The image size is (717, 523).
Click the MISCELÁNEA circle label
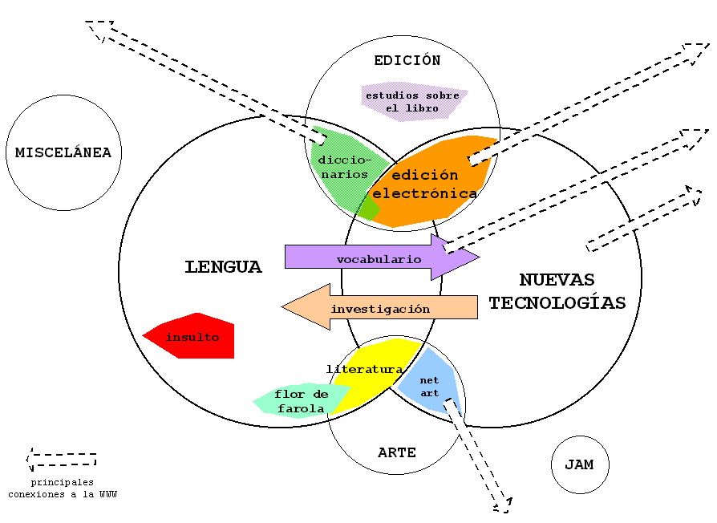(63, 152)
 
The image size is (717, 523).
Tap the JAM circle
(580, 464)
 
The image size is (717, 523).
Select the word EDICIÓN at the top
(407, 60)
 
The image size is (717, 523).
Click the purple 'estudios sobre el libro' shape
(412, 101)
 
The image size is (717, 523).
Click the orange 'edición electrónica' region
(425, 184)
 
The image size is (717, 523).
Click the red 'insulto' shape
(192, 337)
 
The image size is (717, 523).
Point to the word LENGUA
(223, 267)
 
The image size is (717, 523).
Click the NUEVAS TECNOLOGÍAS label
(557, 291)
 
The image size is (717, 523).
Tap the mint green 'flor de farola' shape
(301, 400)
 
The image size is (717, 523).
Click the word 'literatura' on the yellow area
(364, 369)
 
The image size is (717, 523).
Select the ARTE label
(397, 452)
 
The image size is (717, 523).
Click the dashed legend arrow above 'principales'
(61, 460)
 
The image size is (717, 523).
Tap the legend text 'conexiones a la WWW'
(63, 494)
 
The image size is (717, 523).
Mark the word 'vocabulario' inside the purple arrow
(379, 259)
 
